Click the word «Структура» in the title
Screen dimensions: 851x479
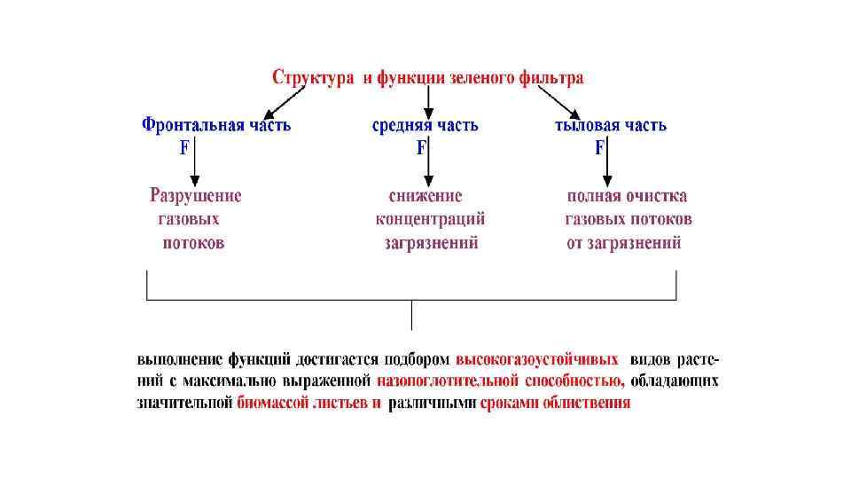(x=311, y=78)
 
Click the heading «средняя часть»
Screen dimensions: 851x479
(x=425, y=125)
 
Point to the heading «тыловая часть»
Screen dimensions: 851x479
(x=611, y=125)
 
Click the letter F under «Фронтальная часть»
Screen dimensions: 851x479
(x=184, y=148)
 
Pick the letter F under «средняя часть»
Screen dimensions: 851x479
(x=421, y=148)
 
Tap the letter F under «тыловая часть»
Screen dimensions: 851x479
(x=599, y=148)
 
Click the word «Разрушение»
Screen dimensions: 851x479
(x=195, y=196)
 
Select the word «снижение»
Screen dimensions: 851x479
(x=425, y=196)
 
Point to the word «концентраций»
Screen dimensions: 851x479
(x=430, y=219)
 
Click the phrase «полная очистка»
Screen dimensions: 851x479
(x=628, y=196)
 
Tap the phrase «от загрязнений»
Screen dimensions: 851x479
(x=624, y=242)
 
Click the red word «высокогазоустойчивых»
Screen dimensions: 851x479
(x=537, y=361)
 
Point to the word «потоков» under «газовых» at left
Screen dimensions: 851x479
(x=193, y=242)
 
